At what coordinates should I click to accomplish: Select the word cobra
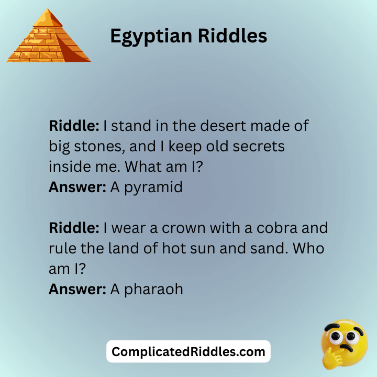point(276,228)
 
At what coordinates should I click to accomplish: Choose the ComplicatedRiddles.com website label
point(188,352)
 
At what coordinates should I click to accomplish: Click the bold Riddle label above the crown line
point(74,228)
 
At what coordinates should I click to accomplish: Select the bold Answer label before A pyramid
point(77,187)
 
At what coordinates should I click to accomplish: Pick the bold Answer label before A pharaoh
point(77,289)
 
